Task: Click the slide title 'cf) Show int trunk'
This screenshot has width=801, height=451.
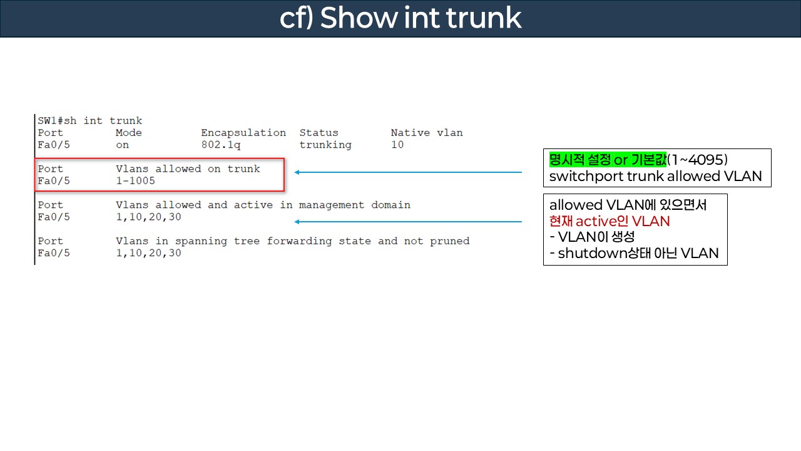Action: (400, 18)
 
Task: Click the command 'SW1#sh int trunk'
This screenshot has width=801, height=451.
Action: (90, 121)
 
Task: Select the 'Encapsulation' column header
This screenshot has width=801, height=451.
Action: (243, 133)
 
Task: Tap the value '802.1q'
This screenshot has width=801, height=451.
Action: (220, 145)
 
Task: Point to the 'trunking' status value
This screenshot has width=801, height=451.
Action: (325, 145)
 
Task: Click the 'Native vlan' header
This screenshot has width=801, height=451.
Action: (427, 133)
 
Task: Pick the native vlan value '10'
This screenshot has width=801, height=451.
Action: (397, 145)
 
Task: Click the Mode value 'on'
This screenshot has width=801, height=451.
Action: (122, 145)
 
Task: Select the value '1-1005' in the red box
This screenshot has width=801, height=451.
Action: (135, 181)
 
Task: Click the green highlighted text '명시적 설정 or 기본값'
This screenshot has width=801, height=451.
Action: (608, 159)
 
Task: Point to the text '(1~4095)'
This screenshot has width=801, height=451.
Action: (697, 159)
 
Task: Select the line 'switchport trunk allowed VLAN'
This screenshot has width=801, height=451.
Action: (655, 176)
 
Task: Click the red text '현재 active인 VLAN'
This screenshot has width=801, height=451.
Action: (609, 221)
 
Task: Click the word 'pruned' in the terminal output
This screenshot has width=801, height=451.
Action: (449, 241)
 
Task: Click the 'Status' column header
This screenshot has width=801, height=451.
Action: (319, 133)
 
